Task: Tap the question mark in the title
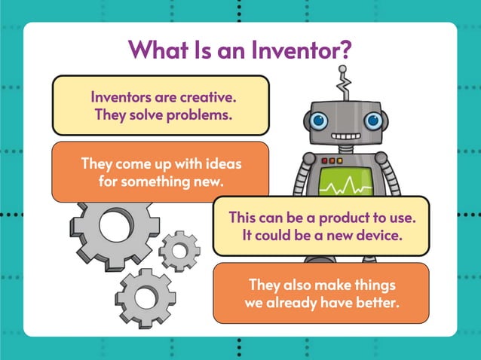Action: click(347, 50)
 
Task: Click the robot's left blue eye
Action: click(318, 120)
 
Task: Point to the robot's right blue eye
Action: click(372, 120)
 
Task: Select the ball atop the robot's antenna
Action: click(343, 70)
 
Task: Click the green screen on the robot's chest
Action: click(345, 181)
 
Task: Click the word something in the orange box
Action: click(159, 182)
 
